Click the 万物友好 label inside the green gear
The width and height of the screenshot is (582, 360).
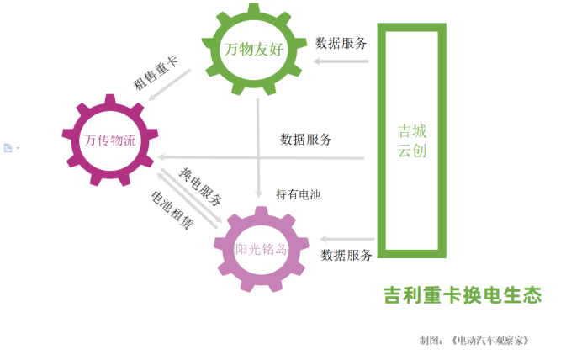tap(253, 50)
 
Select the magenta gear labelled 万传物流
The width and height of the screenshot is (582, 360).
tap(110, 140)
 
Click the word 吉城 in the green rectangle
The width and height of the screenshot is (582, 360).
tap(412, 131)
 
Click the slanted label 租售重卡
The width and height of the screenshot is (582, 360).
tap(156, 73)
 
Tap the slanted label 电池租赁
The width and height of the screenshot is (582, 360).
tap(172, 209)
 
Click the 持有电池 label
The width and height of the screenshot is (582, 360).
tap(299, 194)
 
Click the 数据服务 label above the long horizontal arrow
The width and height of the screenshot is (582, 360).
tap(306, 139)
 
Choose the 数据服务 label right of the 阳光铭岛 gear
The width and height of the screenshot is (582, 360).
tap(347, 255)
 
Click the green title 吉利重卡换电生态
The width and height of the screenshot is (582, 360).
tap(462, 295)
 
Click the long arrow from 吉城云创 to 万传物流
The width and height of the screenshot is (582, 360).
tap(252, 157)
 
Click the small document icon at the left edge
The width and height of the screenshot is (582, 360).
tap(8, 148)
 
